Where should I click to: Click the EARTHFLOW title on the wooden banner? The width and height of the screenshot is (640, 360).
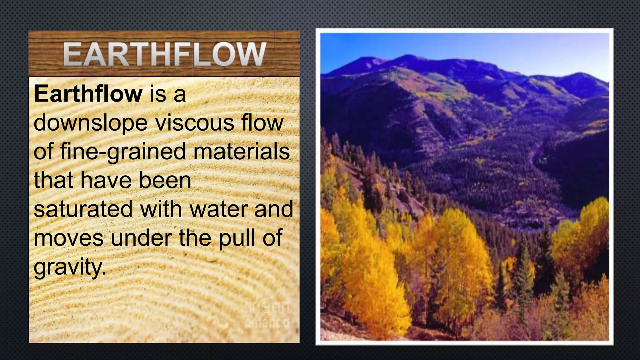[165, 54]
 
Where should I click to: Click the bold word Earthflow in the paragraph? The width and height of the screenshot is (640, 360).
[88, 94]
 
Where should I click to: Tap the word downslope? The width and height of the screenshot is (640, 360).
[91, 123]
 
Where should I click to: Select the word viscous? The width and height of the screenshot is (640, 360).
[195, 122]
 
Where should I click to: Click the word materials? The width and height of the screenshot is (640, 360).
[242, 151]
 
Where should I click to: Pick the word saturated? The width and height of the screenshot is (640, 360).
[83, 209]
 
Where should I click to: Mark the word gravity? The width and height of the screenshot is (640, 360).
[69, 267]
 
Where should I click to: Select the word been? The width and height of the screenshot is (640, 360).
[165, 180]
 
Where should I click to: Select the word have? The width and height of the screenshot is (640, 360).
[106, 180]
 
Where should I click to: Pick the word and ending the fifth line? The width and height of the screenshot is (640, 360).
[274, 209]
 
